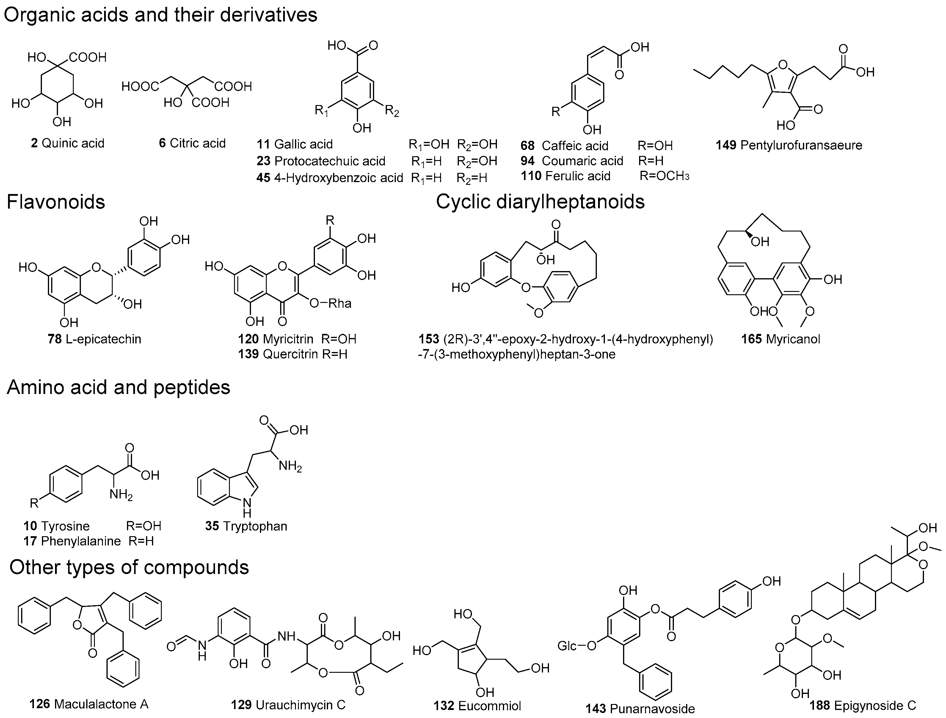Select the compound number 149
click(x=726, y=145)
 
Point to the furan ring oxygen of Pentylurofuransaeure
click(x=782, y=65)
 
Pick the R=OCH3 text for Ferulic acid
click(x=664, y=176)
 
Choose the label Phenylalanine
click(x=81, y=541)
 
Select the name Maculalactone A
click(x=101, y=704)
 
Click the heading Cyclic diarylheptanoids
click(x=540, y=201)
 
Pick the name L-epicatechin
click(x=103, y=339)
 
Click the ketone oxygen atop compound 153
click(x=556, y=224)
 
